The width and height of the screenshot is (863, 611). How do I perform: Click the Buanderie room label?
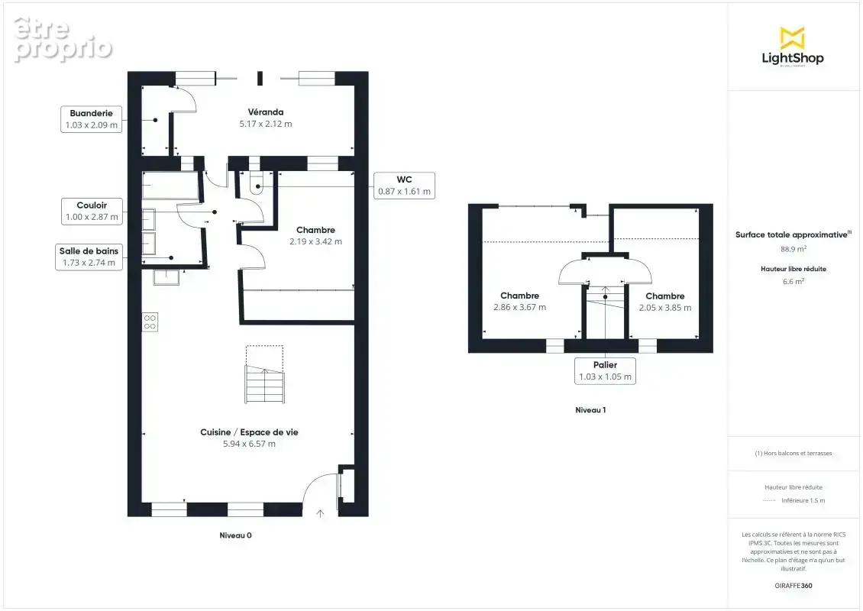pyautogui.click(x=91, y=119)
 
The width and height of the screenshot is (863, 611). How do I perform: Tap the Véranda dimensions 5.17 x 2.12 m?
pyautogui.click(x=265, y=124)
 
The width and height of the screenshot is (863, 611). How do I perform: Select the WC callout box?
pyautogui.click(x=404, y=186)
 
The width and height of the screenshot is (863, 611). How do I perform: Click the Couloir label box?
pyautogui.click(x=92, y=212)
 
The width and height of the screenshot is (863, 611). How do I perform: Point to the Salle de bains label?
pyautogui.click(x=89, y=257)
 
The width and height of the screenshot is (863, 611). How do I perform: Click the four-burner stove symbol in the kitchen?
pyautogui.click(x=150, y=322)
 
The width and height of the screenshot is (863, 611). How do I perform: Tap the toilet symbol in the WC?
pyautogui.click(x=258, y=183)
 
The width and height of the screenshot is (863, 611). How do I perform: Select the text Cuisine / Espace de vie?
pyautogui.click(x=249, y=432)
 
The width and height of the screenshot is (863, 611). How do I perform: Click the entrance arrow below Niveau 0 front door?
pyautogui.click(x=320, y=513)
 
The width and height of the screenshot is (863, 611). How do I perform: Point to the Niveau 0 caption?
pyautogui.click(x=235, y=535)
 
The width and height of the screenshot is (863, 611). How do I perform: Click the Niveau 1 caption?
pyautogui.click(x=590, y=410)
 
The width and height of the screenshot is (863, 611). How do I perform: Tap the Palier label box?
pyautogui.click(x=605, y=371)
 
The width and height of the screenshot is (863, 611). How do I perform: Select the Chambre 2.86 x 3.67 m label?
pyautogui.click(x=519, y=302)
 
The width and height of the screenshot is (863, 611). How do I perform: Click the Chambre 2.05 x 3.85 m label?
pyautogui.click(x=665, y=302)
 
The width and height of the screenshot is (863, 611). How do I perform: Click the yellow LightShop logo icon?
pyautogui.click(x=793, y=37)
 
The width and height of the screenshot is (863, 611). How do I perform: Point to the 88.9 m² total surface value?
pyautogui.click(x=793, y=249)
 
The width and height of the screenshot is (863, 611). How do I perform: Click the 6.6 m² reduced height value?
pyautogui.click(x=793, y=281)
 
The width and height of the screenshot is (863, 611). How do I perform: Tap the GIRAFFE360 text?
pyautogui.click(x=793, y=586)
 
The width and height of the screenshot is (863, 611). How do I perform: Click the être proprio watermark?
pyautogui.click(x=63, y=39)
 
